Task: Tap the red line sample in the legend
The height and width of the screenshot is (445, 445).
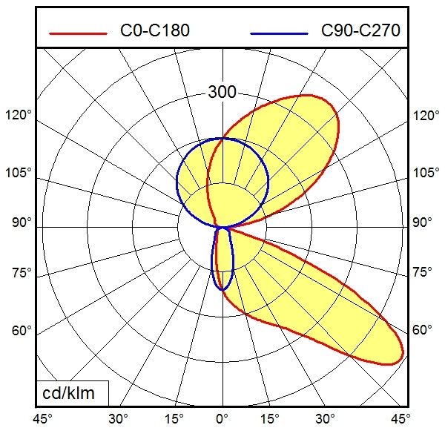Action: coord(77,32)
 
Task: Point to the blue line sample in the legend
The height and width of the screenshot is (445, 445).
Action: coord(279,32)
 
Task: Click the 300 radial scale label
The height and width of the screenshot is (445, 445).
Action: coord(222,93)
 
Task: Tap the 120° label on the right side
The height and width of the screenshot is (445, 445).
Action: coord(425,116)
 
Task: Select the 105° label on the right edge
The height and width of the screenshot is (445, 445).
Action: coord(426,173)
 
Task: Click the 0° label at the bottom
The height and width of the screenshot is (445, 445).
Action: coord(222,419)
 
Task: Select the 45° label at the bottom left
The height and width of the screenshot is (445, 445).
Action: coord(42,419)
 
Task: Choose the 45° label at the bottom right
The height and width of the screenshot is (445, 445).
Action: coord(401,419)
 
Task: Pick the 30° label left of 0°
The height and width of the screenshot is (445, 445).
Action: coord(118,419)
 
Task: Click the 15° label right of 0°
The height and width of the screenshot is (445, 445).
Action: coord(270,419)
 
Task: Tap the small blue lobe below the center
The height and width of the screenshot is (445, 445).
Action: coord(222,260)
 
